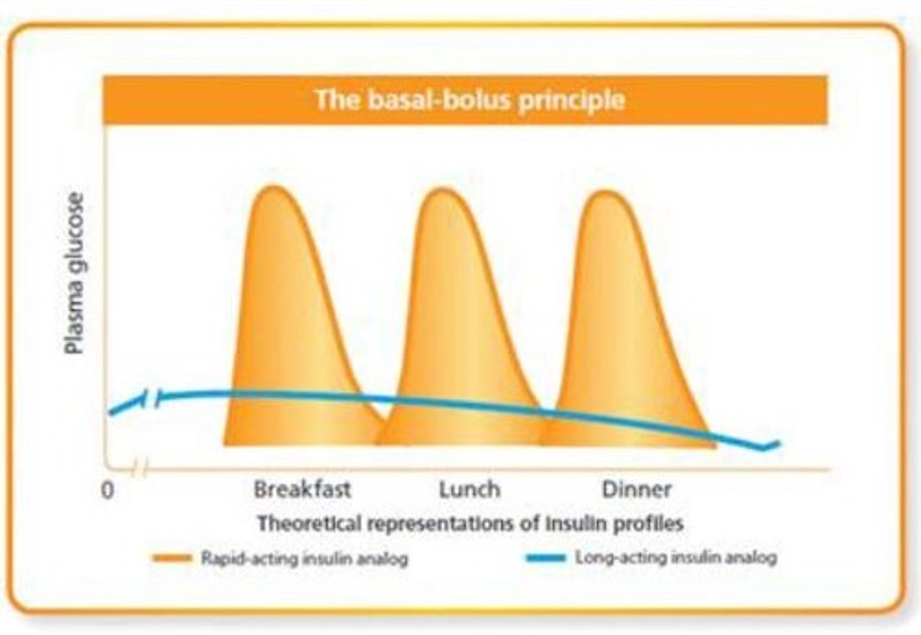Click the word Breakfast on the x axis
302,490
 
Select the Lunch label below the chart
469,490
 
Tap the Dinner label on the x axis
636,490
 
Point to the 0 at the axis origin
108,490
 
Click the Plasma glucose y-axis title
75,273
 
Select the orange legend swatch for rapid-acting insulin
172,558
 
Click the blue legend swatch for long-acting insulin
545,558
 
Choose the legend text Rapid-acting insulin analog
304,558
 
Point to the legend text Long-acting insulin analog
676,558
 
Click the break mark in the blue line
152,399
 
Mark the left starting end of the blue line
111,412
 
